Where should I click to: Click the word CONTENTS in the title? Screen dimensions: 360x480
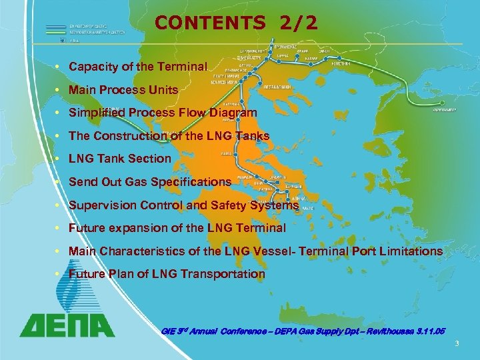coord(209,23)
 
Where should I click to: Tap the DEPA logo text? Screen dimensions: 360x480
coord(67,324)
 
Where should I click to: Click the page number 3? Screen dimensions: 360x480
coord(457,343)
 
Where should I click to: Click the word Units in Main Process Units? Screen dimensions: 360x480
coord(164,90)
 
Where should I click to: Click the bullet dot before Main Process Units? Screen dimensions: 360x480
coord(60,90)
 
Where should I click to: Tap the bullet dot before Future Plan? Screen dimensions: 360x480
coord(60,274)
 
